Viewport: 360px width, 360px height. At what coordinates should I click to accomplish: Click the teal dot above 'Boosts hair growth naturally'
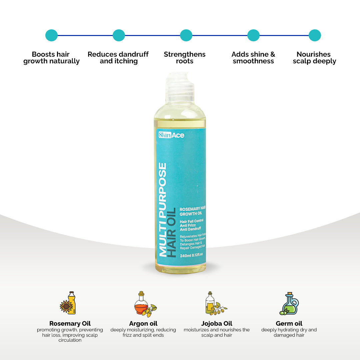pos(51,35)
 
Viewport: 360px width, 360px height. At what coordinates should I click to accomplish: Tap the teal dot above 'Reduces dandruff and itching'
pos(119,35)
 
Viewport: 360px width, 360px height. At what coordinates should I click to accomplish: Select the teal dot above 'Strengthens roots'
pos(186,35)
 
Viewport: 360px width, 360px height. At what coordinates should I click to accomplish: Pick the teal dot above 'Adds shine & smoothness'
pos(253,35)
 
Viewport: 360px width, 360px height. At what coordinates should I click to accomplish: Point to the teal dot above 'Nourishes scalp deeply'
pos(315,35)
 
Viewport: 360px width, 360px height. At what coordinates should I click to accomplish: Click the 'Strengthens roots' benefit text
pos(185,58)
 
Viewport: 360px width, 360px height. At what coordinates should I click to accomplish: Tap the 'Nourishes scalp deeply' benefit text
pos(314,58)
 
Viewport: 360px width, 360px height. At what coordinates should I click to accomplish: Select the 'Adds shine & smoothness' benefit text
pos(253,58)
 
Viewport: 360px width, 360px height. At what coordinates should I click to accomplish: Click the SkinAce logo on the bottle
pos(171,135)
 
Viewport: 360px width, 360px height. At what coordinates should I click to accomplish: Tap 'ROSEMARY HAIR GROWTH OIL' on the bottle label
pos(192,211)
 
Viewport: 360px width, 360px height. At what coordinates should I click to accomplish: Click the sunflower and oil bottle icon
pos(68,303)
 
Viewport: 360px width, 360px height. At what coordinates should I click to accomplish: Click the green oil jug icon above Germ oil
pos(289,304)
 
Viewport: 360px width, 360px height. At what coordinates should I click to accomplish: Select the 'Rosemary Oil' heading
pos(70,324)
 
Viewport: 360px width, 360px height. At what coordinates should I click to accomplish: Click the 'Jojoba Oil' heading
pos(217,324)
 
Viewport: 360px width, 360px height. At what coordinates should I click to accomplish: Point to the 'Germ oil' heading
pos(289,324)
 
